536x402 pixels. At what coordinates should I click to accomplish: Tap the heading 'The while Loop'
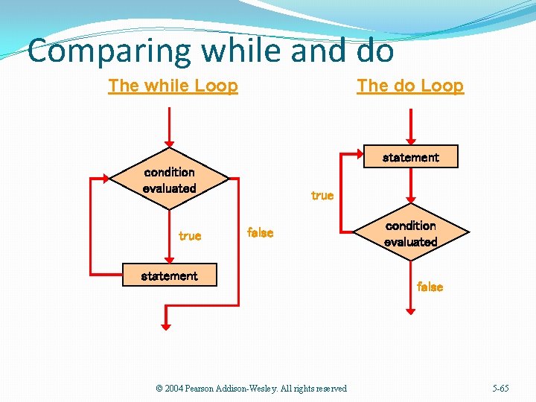173,86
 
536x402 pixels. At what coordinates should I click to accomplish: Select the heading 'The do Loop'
410,86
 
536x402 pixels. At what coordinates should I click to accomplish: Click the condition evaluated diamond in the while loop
170,180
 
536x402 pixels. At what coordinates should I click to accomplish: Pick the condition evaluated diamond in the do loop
410,234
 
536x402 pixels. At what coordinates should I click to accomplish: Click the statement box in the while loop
170,275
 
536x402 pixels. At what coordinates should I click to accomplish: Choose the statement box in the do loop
410,157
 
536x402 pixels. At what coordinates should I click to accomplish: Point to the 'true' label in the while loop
190,236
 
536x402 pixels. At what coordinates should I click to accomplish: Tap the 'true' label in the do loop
322,196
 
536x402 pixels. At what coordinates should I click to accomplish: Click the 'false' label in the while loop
260,232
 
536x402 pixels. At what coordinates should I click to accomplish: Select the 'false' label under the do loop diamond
430,287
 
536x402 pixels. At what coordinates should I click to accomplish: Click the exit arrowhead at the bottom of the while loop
166,324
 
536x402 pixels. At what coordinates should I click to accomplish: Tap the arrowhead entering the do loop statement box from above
410,140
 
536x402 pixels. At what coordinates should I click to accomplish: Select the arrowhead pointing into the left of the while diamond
105,179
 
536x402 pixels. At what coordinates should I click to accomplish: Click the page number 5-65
501,389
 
